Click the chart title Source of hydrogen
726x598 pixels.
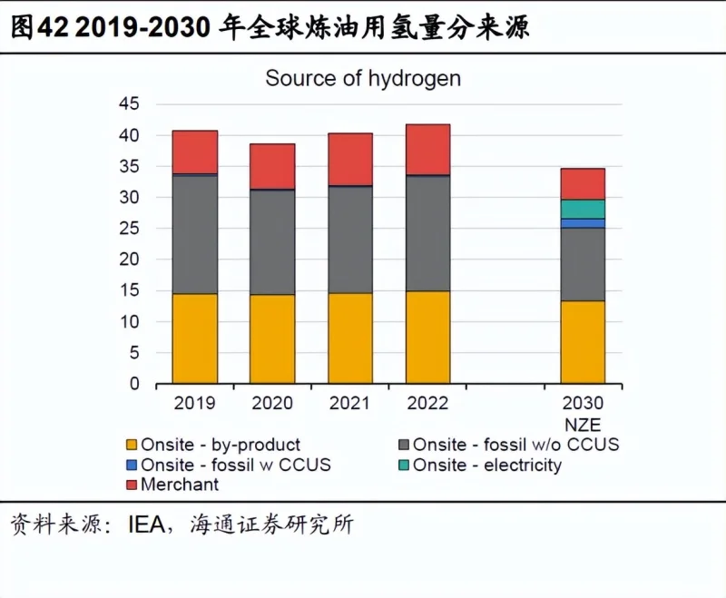[x=362, y=78]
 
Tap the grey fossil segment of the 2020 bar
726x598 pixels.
[x=272, y=241]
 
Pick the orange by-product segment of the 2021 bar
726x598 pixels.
[x=349, y=338]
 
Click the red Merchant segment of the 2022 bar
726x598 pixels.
[x=427, y=150]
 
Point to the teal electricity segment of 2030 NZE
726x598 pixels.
[x=583, y=209]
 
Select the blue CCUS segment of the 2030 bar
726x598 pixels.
[x=583, y=223]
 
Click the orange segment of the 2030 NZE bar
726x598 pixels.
[x=583, y=341]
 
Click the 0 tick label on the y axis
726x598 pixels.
[x=134, y=384]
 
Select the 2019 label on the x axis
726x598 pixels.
[x=195, y=403]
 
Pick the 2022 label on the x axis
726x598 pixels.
[x=427, y=403]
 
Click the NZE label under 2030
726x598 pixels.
[x=583, y=424]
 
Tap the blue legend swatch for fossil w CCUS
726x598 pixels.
[x=132, y=466]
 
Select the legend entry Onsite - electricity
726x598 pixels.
[x=486, y=466]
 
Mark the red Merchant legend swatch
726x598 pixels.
[x=132, y=485]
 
